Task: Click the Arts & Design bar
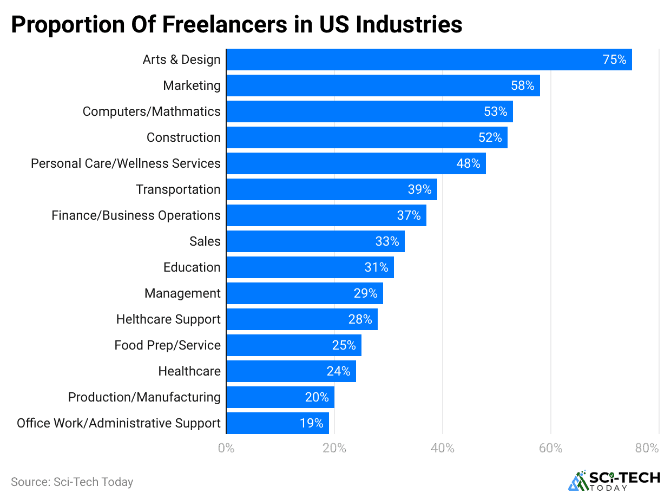click(x=429, y=60)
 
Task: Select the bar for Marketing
click(x=383, y=85)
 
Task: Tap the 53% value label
click(x=496, y=111)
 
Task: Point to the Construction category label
click(x=183, y=137)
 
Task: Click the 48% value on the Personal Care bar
click(x=469, y=163)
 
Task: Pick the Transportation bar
click(x=331, y=189)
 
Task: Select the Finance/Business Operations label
click(x=136, y=215)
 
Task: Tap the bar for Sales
click(x=315, y=241)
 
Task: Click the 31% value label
click(x=377, y=267)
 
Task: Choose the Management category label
click(x=182, y=293)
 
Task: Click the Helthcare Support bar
click(x=301, y=319)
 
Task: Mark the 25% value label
click(x=344, y=345)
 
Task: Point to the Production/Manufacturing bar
click(x=280, y=397)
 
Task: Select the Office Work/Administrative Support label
click(x=119, y=423)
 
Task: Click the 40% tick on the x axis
click(x=442, y=449)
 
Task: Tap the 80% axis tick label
click(x=647, y=449)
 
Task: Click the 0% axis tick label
click(x=226, y=449)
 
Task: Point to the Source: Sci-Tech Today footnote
click(x=72, y=482)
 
